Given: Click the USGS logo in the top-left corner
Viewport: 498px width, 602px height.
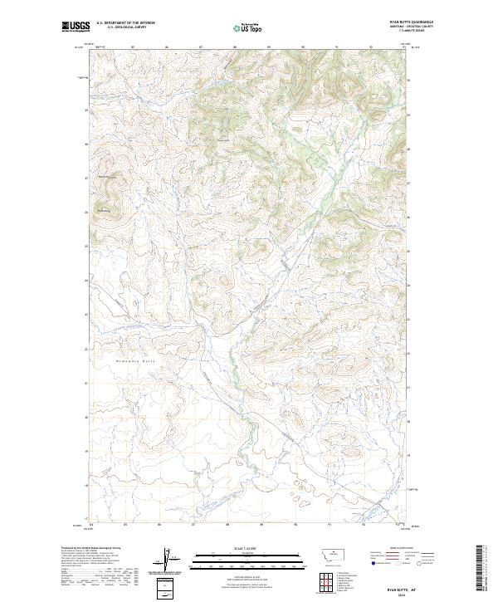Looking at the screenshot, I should [x=74, y=27].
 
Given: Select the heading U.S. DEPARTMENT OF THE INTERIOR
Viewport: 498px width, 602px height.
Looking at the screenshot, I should [x=127, y=23].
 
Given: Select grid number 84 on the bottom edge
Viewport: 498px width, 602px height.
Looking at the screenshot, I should [x=91, y=525].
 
